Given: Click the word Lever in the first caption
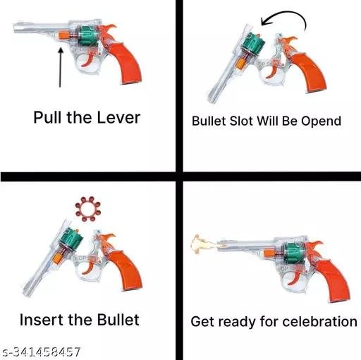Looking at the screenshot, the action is coord(118,117).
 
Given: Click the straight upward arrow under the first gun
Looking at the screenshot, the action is coord(61,67).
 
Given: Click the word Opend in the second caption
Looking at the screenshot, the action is coord(322,121).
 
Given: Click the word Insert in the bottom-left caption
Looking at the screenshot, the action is coord(42,320).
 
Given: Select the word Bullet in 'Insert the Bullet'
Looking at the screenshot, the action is coord(118,320).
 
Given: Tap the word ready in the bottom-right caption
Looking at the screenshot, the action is coord(237,322).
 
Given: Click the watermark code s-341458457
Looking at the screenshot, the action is coord(41,352).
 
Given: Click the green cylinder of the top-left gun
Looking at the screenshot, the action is coord(87,37).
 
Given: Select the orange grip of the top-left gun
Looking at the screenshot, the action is coord(126,62).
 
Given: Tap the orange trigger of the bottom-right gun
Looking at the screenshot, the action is coord(294,279).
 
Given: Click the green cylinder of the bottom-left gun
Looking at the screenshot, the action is coord(71,239).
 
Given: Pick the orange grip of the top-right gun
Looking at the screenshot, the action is coord(310,72).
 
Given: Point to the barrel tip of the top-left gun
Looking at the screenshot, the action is coord(16,28).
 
